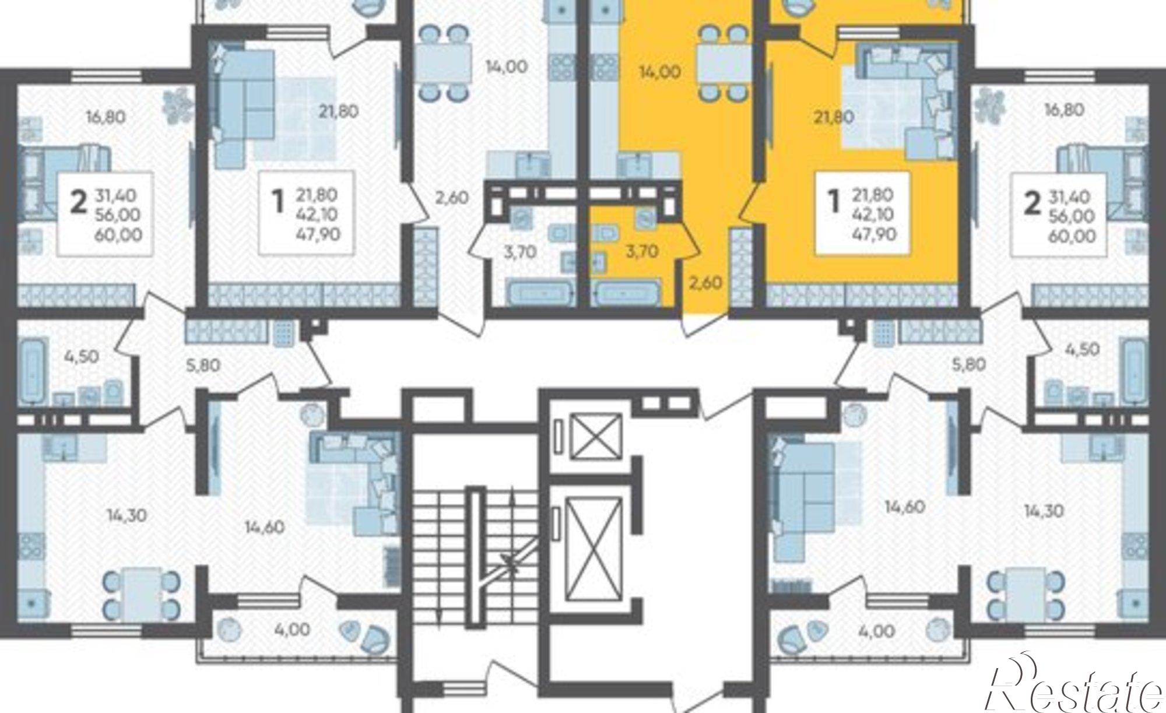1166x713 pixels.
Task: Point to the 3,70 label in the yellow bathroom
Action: point(642,251)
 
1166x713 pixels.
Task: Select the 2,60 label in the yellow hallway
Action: point(705,283)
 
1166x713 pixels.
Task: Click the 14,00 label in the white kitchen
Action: point(507,67)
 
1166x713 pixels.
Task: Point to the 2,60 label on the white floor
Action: point(452,198)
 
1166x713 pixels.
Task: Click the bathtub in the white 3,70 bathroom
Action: point(539,292)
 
